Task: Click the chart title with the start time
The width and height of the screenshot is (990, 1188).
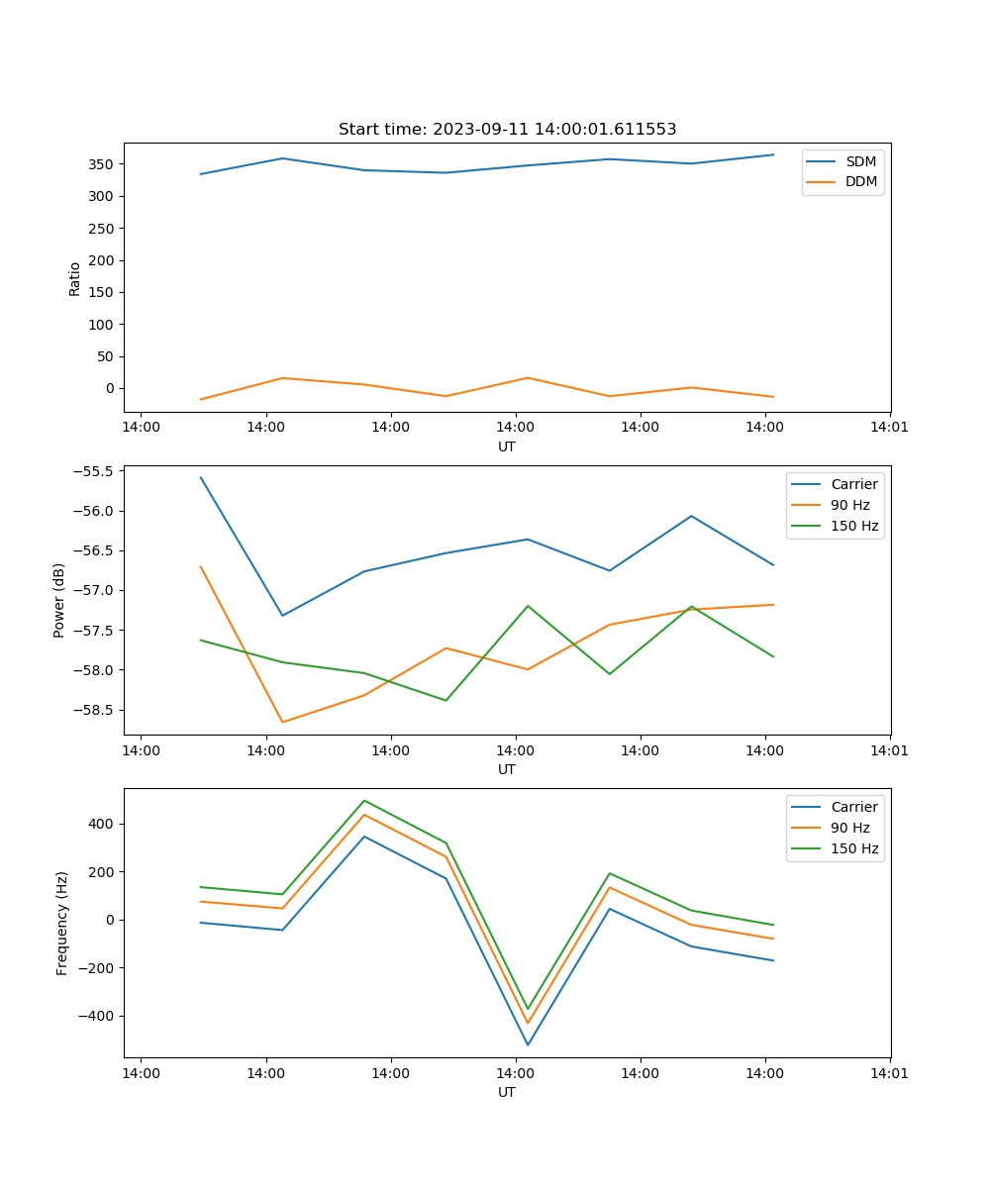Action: click(x=507, y=130)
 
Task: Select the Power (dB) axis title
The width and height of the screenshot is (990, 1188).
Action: click(x=59, y=600)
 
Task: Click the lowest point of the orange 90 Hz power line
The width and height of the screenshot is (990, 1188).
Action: click(x=282, y=722)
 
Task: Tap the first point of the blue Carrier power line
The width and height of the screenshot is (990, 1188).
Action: click(x=201, y=477)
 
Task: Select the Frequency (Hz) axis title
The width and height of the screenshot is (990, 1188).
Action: click(x=62, y=923)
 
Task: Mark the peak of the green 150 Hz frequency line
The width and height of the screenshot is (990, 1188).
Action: click(x=364, y=800)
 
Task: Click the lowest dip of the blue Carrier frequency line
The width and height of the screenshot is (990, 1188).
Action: click(x=528, y=1044)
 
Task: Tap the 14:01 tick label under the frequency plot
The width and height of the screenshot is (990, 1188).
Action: click(x=890, y=1073)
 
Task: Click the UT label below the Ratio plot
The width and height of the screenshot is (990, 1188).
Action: click(x=507, y=446)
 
